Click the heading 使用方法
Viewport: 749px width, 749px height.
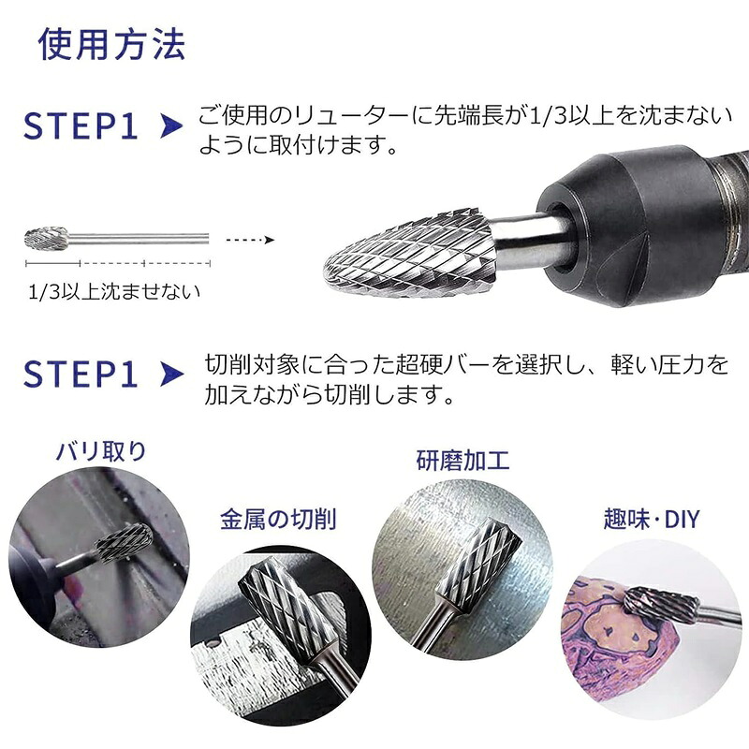point(111,44)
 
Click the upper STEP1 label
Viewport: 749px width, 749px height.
point(81,126)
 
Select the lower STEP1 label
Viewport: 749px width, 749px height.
point(81,374)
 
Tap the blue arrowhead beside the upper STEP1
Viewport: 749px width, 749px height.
point(171,126)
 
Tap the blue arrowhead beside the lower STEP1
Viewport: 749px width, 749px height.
point(172,374)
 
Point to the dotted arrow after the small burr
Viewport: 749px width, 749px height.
point(250,240)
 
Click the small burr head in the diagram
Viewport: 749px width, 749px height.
point(46,238)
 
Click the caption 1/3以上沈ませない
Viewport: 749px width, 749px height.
point(113,292)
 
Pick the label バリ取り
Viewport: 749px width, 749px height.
point(101,451)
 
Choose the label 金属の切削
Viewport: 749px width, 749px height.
point(278,519)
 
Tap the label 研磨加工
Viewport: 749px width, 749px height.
point(463,461)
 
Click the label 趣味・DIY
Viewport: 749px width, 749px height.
point(651,519)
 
